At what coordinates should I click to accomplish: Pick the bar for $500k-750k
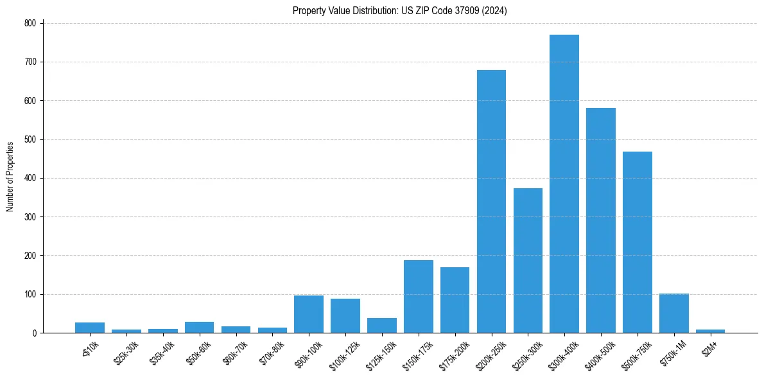coord(638,242)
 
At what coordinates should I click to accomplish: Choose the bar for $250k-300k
coord(528,260)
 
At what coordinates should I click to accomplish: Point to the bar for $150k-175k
coord(419,296)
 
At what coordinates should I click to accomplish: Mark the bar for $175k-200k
coord(455,300)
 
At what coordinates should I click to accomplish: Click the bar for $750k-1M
coord(674,313)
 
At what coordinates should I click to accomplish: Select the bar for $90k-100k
coord(309,314)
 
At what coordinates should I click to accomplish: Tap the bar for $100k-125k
coord(345,315)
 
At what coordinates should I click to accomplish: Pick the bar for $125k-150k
coord(382,325)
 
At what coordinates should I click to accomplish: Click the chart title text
coord(400,11)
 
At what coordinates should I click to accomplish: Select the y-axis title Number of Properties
coord(10,177)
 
